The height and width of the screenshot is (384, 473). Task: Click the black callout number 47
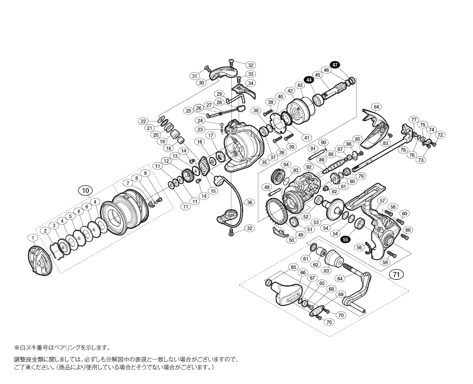[335, 64]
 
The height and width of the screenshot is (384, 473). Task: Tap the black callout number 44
[308, 80]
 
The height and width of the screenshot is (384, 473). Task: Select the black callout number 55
[345, 239]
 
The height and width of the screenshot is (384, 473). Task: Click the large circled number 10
[86, 190]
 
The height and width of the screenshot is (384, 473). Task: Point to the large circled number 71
[396, 274]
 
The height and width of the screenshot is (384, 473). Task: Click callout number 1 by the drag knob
[32, 238]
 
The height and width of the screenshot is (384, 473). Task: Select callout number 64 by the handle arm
[340, 279]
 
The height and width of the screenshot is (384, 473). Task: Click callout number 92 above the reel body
[308, 167]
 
